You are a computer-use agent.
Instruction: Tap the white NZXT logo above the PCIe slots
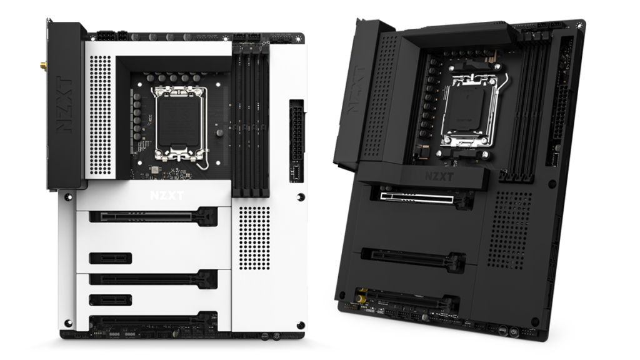167,195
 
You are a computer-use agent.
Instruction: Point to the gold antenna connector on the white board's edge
43,65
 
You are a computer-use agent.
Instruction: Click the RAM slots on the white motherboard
251,119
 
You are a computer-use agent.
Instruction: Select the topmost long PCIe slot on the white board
153,216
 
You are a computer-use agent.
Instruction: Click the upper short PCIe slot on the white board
110,258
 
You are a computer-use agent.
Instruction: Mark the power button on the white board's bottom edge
276,336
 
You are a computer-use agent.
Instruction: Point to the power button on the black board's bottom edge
514,332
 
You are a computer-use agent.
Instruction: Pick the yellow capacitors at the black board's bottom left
362,299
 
